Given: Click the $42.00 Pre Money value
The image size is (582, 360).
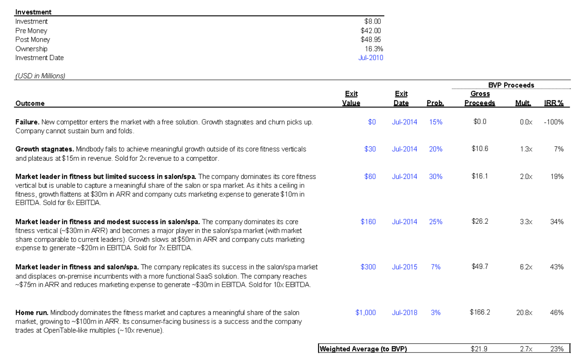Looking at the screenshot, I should (x=370, y=31).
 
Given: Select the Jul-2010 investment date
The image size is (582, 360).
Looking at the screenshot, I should (x=370, y=58).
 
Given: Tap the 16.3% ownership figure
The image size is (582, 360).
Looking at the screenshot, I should (x=374, y=49).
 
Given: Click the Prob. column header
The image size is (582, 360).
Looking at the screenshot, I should (x=435, y=103).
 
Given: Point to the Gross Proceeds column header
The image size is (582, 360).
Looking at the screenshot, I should (x=480, y=98).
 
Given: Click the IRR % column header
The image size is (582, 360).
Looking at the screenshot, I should (x=554, y=103).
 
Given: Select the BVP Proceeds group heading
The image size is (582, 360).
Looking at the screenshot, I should (x=511, y=85).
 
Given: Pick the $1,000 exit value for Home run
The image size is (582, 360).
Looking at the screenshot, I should (x=365, y=312).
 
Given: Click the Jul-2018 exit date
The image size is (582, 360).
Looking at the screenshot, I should (x=404, y=312).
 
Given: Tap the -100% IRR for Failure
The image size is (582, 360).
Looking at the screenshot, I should (x=554, y=122).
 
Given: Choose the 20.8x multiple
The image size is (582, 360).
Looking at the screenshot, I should (x=524, y=312).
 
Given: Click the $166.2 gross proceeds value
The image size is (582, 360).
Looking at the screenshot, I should (x=480, y=312).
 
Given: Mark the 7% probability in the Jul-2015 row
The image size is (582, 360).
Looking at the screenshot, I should (x=436, y=267).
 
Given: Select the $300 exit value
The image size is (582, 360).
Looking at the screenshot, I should (x=368, y=267).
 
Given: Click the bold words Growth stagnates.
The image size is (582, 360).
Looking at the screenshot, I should (x=44, y=149).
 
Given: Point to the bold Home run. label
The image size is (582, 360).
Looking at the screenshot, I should (x=32, y=313).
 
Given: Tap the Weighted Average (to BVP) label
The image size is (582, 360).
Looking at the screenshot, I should (x=363, y=349).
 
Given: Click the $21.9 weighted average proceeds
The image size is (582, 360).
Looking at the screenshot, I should (x=479, y=349).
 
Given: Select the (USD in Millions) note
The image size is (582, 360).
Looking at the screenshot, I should (x=40, y=76).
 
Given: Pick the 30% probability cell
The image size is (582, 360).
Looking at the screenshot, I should (x=436, y=176).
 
